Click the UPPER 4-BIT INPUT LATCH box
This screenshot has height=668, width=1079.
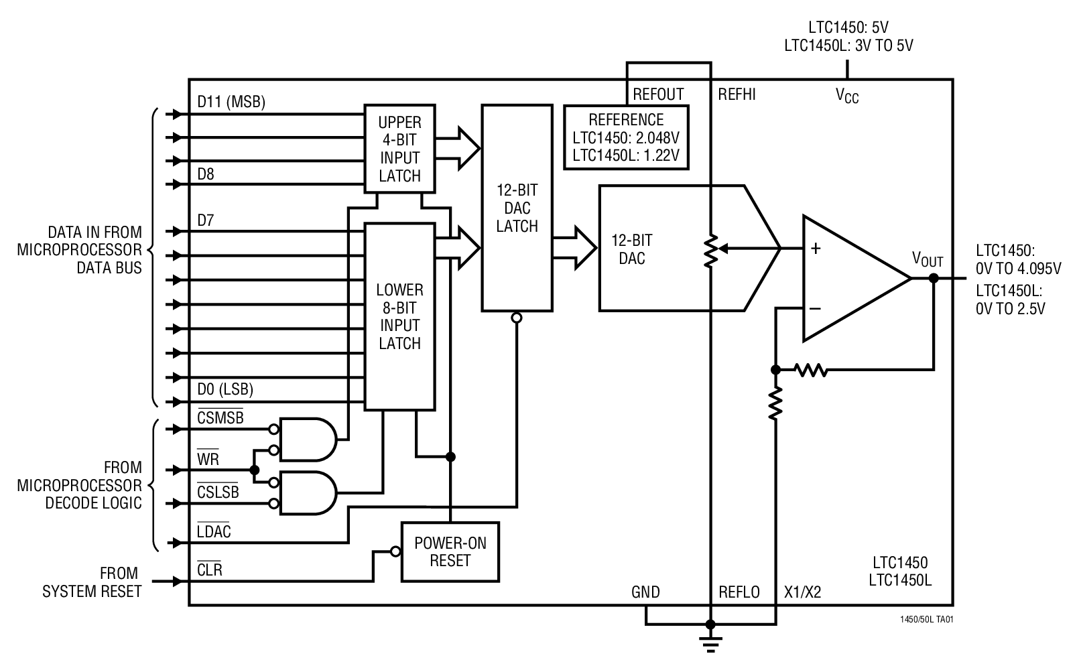click(400, 149)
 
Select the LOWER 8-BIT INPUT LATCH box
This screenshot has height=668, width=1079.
click(399, 316)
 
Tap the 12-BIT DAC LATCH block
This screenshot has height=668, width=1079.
click(517, 208)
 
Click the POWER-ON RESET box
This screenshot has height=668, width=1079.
click(450, 551)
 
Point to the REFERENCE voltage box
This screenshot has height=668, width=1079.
click(626, 138)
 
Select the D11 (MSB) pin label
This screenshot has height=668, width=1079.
click(231, 102)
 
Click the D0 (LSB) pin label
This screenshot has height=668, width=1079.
click(225, 389)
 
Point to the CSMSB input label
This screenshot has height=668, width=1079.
click(220, 417)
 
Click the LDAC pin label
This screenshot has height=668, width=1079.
click(214, 532)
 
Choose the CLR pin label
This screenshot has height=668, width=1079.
click(210, 571)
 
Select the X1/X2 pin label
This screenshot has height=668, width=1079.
click(802, 592)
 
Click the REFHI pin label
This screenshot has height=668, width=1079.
click(737, 94)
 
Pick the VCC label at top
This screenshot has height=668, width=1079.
click(846, 96)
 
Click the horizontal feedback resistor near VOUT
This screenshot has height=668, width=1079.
click(811, 369)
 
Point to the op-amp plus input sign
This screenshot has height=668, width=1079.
click(815, 249)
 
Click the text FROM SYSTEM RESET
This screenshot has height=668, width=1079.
click(92, 582)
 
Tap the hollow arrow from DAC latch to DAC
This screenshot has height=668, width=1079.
click(576, 247)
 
